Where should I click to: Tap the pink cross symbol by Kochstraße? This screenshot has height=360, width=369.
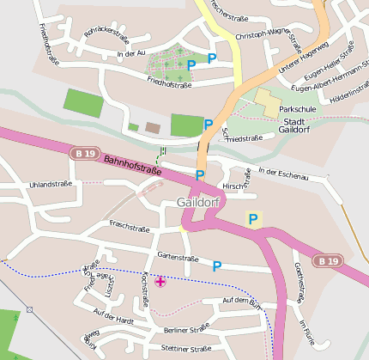click(x=160, y=281)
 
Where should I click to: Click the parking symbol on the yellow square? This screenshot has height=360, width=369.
click(x=252, y=219)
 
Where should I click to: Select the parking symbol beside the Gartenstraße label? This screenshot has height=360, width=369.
click(x=217, y=266)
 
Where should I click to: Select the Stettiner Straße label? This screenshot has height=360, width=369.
click(x=185, y=349)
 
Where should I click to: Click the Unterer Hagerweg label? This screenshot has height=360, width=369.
click(x=304, y=57)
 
